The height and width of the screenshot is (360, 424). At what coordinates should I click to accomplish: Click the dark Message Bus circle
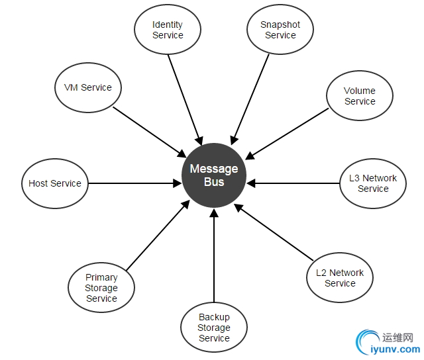click(214, 175)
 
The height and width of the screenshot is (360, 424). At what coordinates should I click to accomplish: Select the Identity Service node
click(168, 30)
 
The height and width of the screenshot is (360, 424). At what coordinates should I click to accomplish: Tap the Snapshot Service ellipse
click(280, 30)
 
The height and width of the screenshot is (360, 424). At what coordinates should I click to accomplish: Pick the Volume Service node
click(360, 97)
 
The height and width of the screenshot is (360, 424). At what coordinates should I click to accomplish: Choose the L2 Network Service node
click(340, 278)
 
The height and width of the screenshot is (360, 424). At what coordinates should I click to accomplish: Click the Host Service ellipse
click(55, 183)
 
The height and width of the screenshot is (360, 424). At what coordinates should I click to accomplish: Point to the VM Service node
click(88, 87)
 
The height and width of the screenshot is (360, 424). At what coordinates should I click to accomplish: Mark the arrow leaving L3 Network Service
click(295, 183)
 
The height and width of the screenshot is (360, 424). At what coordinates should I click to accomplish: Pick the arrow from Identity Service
click(185, 99)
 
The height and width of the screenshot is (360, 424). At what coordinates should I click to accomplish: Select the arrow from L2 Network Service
click(274, 232)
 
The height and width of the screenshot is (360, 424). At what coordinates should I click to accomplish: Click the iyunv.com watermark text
click(396, 349)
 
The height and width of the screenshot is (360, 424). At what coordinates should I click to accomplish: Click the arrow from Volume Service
click(287, 133)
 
